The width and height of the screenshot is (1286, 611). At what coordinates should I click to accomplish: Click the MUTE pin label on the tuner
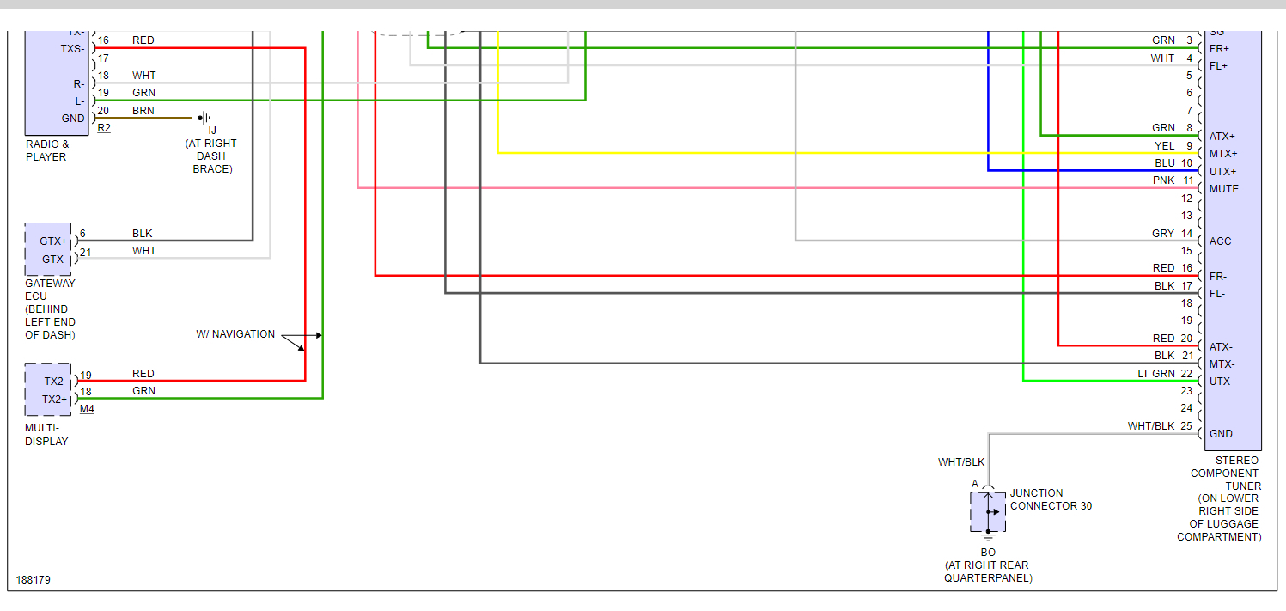click(1223, 189)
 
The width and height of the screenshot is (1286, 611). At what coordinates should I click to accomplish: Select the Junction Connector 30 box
click(988, 511)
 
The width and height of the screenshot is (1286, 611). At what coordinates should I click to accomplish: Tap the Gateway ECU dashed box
click(49, 250)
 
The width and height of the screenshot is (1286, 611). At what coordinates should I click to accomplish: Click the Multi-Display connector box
click(48, 390)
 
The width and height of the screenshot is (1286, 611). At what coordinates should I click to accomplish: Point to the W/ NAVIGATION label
click(235, 334)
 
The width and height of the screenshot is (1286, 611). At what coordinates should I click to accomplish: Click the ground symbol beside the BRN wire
click(204, 118)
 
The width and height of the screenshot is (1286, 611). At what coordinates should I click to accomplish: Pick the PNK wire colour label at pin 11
click(1163, 180)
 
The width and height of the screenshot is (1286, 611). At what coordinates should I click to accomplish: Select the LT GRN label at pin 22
click(1156, 373)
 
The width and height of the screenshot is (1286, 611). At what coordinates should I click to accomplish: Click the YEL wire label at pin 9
click(1164, 146)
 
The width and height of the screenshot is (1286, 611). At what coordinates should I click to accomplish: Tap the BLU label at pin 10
click(1164, 163)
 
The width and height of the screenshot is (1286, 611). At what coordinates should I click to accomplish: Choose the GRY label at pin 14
click(1163, 234)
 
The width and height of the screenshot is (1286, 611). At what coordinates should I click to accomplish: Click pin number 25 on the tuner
click(1186, 426)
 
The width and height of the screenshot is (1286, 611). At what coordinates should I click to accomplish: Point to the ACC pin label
click(1220, 241)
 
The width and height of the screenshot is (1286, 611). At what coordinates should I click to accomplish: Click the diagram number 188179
click(34, 580)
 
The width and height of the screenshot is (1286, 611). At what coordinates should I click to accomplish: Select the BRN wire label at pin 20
click(143, 111)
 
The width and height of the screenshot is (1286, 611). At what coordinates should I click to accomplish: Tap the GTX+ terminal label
click(53, 241)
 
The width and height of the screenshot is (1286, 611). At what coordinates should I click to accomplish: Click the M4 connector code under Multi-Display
click(87, 409)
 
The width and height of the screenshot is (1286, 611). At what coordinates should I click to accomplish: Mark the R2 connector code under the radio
click(104, 128)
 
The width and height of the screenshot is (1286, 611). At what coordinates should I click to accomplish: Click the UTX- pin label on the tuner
click(1222, 382)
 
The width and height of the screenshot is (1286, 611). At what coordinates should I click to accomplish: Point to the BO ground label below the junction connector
click(988, 552)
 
